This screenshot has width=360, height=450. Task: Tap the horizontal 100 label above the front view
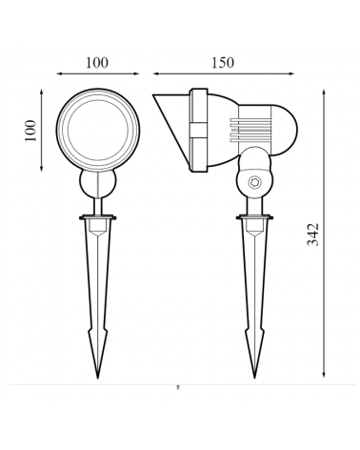[x=95, y=63]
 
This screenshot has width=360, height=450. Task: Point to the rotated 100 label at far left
[x=30, y=131]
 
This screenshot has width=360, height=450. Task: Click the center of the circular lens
[x=95, y=131]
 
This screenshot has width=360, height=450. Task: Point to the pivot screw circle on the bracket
[x=253, y=181]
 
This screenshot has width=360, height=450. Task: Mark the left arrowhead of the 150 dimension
[x=155, y=72]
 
